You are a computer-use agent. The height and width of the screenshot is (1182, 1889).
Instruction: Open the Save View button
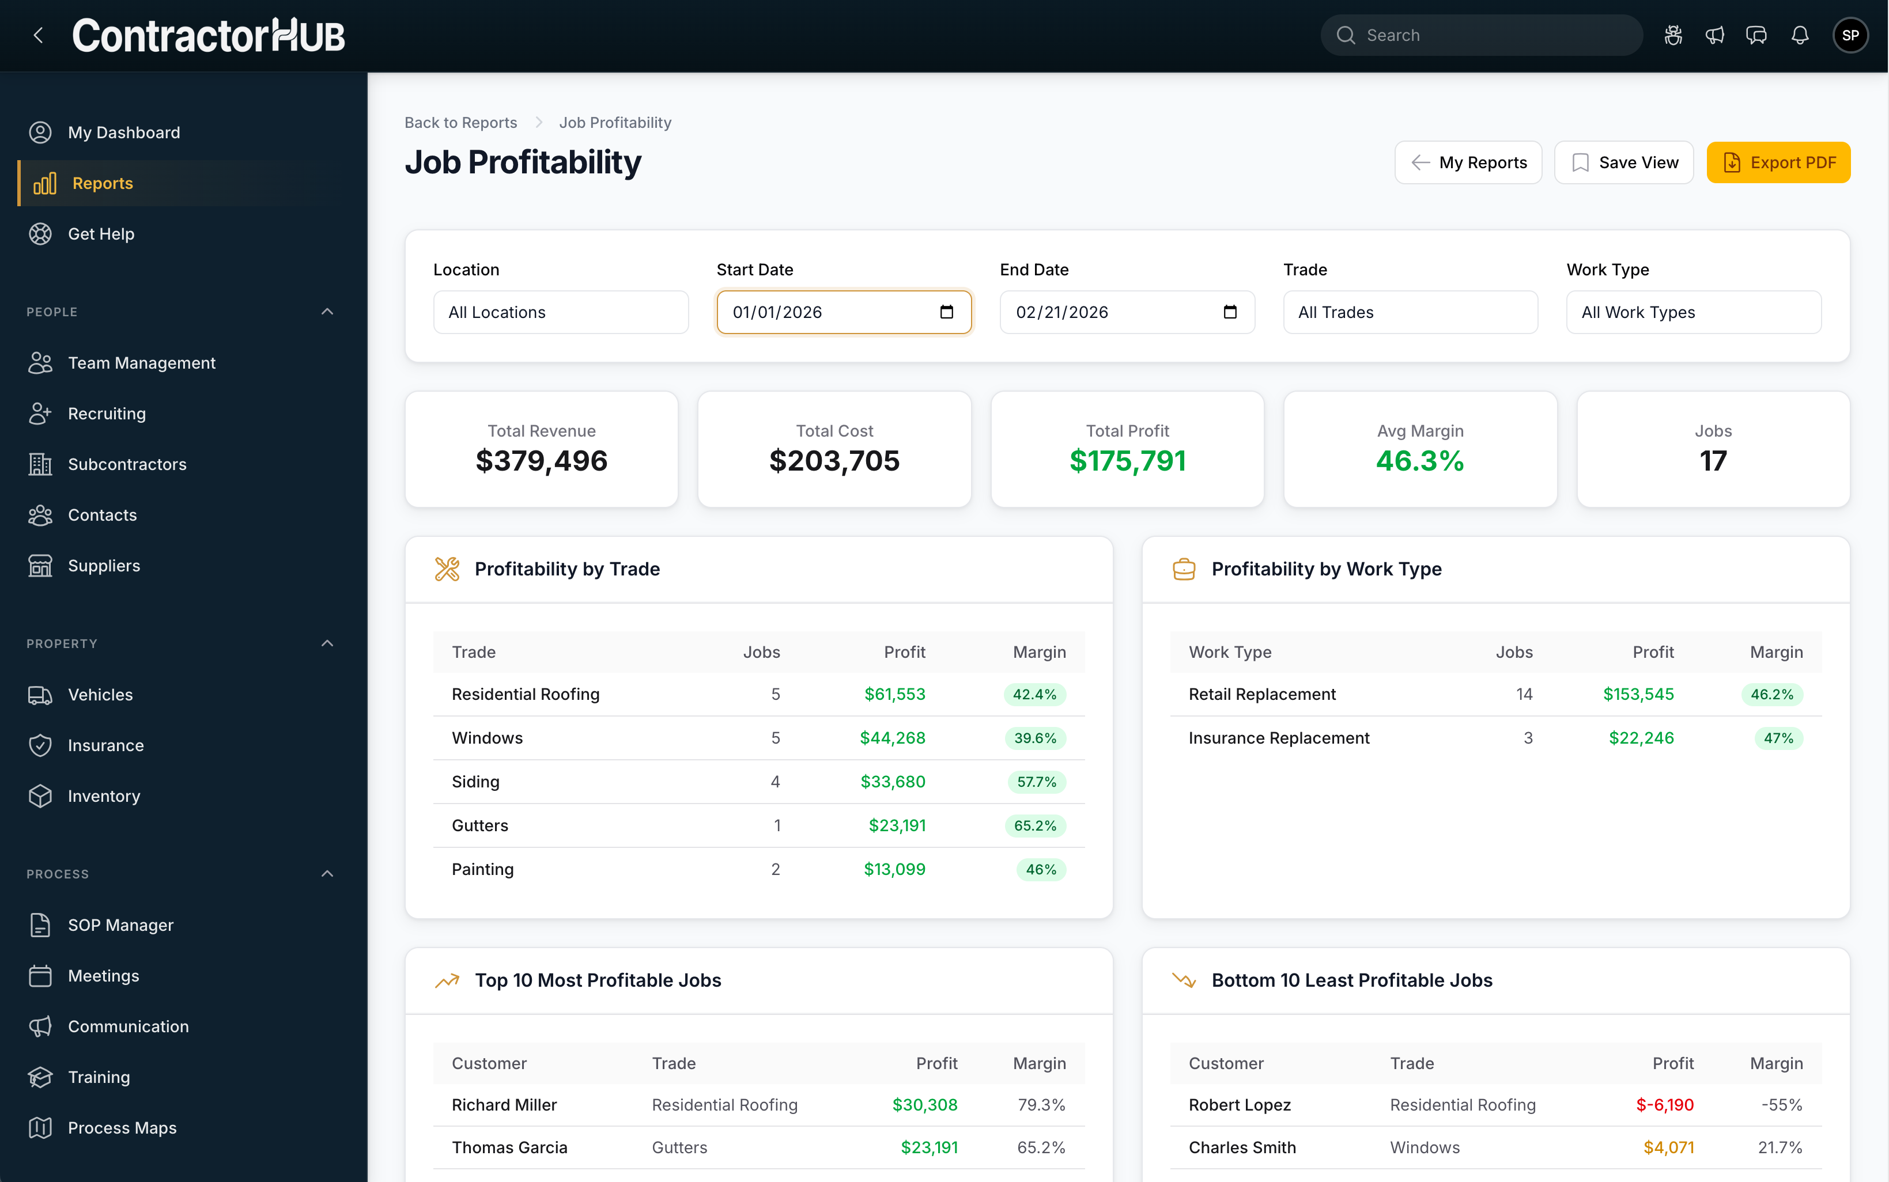pos(1623,162)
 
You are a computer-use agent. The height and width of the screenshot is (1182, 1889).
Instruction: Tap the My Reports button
pos(1468,162)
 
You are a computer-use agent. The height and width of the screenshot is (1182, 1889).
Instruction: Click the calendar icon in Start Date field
pos(946,312)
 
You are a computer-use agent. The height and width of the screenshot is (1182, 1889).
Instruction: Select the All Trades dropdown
pos(1410,312)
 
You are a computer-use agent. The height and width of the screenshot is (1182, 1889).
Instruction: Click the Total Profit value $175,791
pos(1127,460)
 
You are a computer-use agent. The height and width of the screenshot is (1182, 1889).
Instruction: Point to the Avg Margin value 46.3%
pos(1419,460)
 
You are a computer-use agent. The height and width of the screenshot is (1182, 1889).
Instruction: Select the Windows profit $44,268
pos(892,738)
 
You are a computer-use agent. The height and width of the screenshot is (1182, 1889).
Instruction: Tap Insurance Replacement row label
pos(1278,738)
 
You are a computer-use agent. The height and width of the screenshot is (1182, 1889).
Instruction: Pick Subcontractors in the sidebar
pos(127,464)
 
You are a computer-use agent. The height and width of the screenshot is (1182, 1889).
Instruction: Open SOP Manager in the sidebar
pos(120,925)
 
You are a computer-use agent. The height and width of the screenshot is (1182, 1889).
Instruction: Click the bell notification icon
pos(1799,35)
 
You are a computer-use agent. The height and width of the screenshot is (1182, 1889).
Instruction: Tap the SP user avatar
pos(1849,35)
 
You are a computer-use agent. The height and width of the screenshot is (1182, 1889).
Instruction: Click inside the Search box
pos(1486,35)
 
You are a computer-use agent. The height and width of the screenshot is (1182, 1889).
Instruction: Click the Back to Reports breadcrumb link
pos(460,123)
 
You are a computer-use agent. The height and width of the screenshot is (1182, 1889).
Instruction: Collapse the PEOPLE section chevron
pos(327,312)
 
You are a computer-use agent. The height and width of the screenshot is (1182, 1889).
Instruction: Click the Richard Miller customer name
pos(504,1105)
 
